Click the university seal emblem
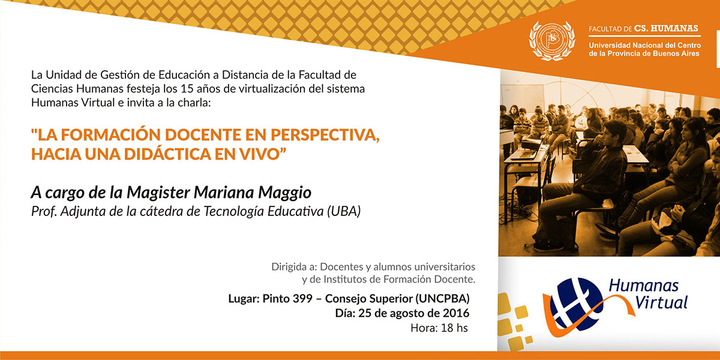(x=552, y=41)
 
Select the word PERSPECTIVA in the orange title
(x=325, y=134)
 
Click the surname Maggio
(x=285, y=193)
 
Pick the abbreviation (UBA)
(x=344, y=211)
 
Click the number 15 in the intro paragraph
(x=187, y=88)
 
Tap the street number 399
(x=302, y=299)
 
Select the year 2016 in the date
(x=456, y=313)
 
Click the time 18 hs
(x=455, y=328)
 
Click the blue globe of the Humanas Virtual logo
(x=575, y=304)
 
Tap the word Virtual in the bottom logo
(x=661, y=302)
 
